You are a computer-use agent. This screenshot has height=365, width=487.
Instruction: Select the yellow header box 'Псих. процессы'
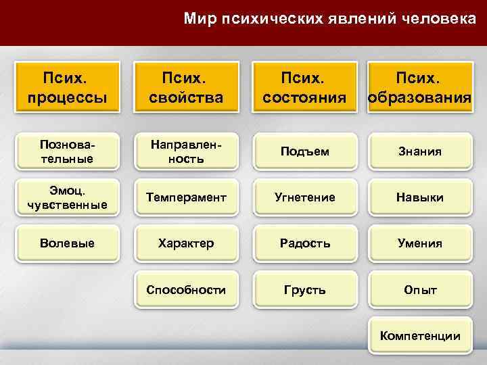(68, 88)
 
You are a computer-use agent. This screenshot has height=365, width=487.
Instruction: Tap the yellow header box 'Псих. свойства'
(186, 88)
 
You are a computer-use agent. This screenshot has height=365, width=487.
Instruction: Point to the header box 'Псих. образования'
(419, 88)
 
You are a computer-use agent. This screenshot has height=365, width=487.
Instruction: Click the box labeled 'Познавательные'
(68, 151)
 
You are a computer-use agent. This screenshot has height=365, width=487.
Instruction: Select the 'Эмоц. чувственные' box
(68, 197)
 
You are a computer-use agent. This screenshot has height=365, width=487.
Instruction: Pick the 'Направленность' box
(186, 151)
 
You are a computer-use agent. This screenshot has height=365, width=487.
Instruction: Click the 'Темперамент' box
(186, 197)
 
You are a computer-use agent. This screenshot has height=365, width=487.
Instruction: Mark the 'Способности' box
(186, 290)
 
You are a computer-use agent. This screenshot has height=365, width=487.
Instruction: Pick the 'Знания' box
(419, 151)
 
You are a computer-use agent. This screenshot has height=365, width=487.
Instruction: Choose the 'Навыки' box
(419, 197)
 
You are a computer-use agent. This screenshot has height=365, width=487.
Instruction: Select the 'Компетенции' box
(419, 336)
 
